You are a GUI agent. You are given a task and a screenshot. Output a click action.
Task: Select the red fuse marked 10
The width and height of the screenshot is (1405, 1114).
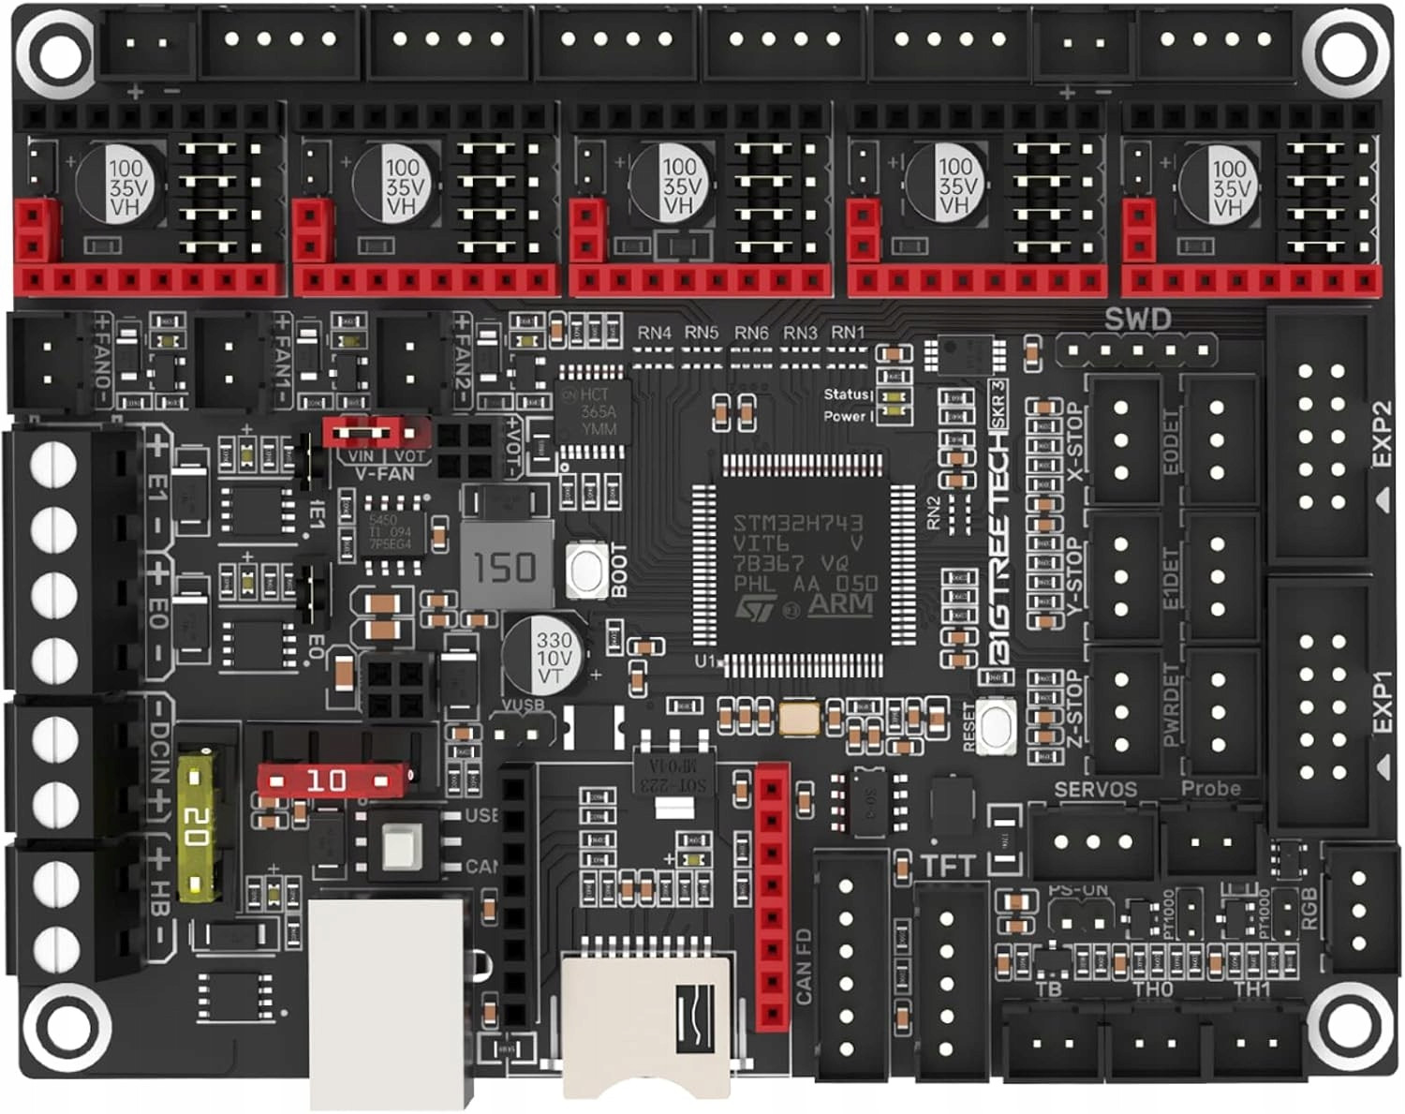pos(332,780)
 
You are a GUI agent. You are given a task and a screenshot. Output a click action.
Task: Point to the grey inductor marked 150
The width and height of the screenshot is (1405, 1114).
pos(507,566)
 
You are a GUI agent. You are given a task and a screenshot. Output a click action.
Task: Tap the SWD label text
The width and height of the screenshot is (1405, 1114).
pos(1137,319)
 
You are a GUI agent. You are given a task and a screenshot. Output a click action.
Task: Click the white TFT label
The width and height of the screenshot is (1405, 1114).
pos(947,866)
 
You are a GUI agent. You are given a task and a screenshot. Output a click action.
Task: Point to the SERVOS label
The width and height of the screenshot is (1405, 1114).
pos(1095,790)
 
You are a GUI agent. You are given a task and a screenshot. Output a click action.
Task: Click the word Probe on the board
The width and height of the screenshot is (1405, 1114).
pos(1210,789)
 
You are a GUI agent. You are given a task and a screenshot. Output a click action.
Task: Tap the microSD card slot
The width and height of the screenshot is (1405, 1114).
pos(646,1021)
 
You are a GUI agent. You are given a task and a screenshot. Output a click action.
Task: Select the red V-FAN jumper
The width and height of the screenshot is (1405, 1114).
pos(375,433)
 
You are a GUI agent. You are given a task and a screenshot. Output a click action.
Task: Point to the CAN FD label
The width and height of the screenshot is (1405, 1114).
pos(804,966)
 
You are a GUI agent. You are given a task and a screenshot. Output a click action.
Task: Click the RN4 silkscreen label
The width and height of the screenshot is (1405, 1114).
pos(654,333)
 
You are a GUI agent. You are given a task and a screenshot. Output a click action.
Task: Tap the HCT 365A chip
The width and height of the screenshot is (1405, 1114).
pos(593,411)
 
